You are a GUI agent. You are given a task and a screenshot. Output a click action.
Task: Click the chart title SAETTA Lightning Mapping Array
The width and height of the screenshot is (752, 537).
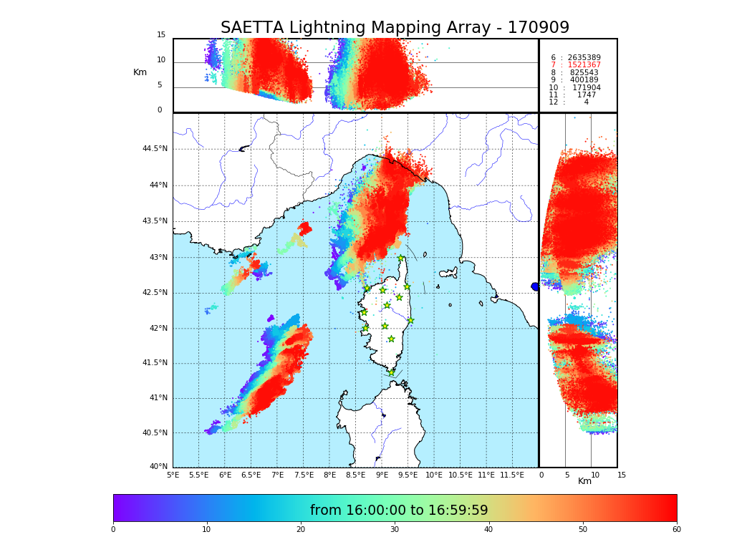pyautogui.click(x=395, y=28)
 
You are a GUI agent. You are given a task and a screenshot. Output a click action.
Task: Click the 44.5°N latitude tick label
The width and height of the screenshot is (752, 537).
pyautogui.click(x=155, y=149)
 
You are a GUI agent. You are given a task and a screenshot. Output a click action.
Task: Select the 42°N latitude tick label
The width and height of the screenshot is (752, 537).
pyautogui.click(x=157, y=329)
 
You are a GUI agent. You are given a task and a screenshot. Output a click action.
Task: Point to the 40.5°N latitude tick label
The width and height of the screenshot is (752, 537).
pyautogui.click(x=155, y=433)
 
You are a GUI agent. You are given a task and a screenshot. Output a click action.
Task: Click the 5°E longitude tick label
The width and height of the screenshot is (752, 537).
pyautogui.click(x=173, y=475)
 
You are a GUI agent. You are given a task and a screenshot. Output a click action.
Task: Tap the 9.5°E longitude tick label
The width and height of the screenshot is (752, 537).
pyautogui.click(x=408, y=475)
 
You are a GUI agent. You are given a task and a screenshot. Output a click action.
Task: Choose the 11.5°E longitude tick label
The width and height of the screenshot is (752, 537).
pyautogui.click(x=512, y=475)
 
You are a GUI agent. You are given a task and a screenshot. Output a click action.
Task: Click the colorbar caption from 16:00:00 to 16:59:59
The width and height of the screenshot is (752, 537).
pyautogui.click(x=399, y=511)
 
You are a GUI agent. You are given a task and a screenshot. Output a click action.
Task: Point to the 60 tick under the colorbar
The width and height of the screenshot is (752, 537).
pyautogui.click(x=676, y=530)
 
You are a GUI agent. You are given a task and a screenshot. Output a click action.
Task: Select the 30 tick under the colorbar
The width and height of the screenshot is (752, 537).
pyautogui.click(x=395, y=530)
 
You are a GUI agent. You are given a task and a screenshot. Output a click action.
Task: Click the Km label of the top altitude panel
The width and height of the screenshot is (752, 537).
pyautogui.click(x=140, y=72)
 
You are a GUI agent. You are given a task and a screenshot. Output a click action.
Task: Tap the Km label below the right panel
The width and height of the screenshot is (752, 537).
pyautogui.click(x=584, y=481)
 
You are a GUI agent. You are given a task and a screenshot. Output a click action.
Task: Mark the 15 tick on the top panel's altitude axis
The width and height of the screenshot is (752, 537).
pyautogui.click(x=161, y=35)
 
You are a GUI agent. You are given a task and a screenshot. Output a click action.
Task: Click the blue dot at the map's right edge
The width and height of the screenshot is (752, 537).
pyautogui.click(x=535, y=286)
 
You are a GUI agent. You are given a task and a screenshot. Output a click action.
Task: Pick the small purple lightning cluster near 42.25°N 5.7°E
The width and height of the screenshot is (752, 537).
pyautogui.click(x=210, y=309)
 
